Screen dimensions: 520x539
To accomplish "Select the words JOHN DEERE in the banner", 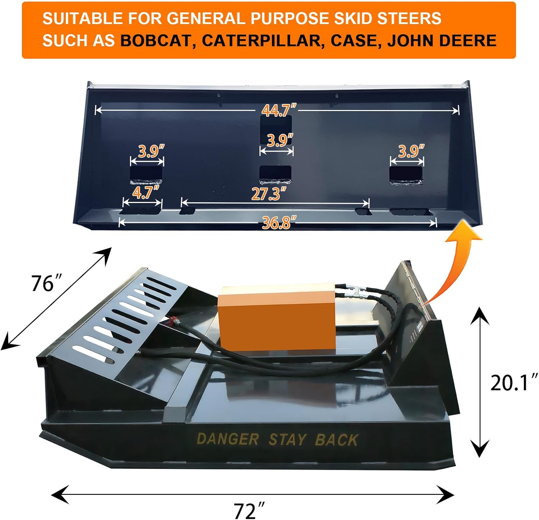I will (x=442, y=41).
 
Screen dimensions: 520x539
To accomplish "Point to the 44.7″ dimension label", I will (x=279, y=110).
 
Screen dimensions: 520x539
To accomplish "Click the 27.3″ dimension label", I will (x=269, y=194).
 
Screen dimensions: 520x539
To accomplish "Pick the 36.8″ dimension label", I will (x=279, y=223).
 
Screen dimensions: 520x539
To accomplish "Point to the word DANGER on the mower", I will (x=227, y=439).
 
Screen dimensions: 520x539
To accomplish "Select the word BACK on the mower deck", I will (x=336, y=440).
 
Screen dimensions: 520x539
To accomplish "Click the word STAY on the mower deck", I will (x=287, y=440).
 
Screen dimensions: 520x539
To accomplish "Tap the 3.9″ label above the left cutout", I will (x=151, y=152).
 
